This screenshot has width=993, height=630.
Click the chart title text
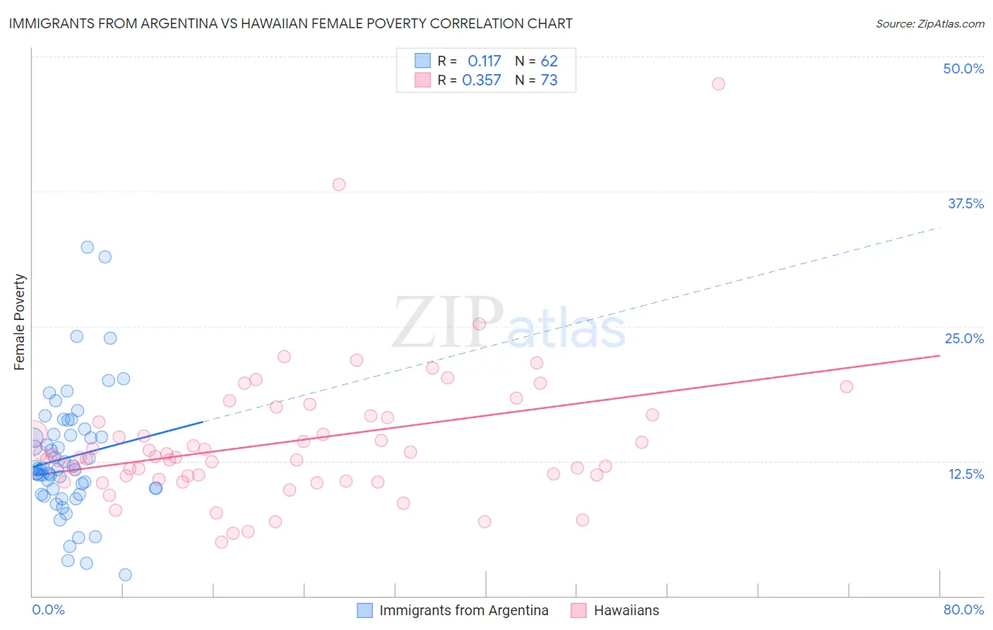[x=290, y=23]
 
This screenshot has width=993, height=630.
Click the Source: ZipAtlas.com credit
[x=929, y=23]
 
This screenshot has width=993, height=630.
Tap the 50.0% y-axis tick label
[x=963, y=69]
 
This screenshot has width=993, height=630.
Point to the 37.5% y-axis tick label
[x=965, y=203]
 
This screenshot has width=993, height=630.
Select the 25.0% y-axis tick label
[x=964, y=338]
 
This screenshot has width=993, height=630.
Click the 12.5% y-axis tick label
[x=965, y=474]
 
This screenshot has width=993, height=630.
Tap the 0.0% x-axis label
[x=48, y=610]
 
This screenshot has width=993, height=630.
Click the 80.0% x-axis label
[x=963, y=610]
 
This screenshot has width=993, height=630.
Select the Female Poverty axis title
[x=20, y=322]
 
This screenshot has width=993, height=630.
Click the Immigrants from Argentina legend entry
[x=463, y=610]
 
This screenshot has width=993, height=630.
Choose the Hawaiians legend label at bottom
[x=626, y=610]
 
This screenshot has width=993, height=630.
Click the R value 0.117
[x=484, y=61]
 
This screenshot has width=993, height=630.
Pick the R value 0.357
[x=482, y=81]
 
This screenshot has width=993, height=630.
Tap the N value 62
[x=549, y=61]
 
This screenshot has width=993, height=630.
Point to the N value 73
[x=549, y=81]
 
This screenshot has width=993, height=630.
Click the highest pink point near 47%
[x=718, y=84]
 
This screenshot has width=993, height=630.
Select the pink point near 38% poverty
[x=339, y=184]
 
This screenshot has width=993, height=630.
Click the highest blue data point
[x=88, y=247]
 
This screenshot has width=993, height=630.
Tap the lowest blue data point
[x=125, y=575]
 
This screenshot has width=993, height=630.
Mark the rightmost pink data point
[x=846, y=386]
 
